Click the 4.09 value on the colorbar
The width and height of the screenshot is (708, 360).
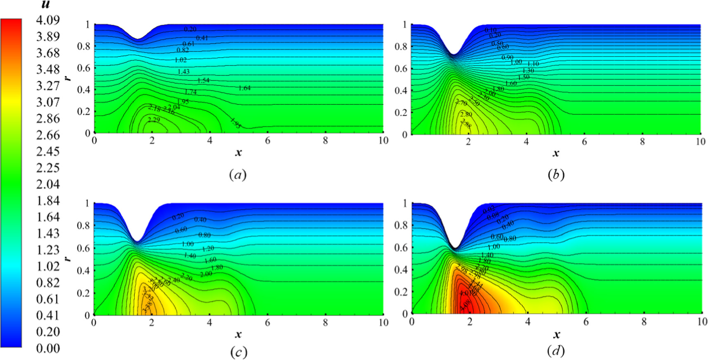(47, 20)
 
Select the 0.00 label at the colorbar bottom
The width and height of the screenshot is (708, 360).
(47, 348)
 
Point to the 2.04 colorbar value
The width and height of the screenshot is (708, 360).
(47, 184)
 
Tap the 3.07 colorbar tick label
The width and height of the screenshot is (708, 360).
(47, 102)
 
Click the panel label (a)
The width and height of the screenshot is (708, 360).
(238, 175)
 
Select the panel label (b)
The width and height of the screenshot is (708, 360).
(556, 175)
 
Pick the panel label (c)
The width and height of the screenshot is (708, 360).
(238, 352)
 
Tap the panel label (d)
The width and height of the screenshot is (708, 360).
(556, 351)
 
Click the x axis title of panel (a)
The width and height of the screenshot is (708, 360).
(238, 153)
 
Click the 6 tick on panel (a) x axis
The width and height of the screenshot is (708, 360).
(268, 141)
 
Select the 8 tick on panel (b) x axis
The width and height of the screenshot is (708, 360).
(642, 142)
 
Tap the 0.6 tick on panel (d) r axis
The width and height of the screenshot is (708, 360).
(401, 248)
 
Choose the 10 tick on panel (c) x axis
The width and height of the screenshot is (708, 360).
(383, 322)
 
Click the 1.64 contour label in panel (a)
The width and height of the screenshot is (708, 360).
(244, 88)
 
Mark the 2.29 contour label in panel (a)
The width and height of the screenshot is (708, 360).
(153, 120)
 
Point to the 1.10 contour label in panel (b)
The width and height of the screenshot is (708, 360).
(533, 64)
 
